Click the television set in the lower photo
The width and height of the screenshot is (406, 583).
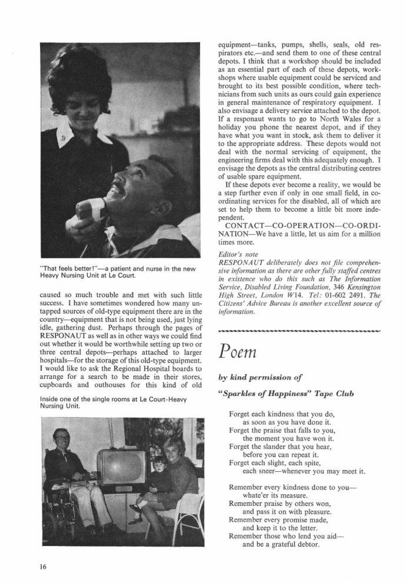coord(121,467)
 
